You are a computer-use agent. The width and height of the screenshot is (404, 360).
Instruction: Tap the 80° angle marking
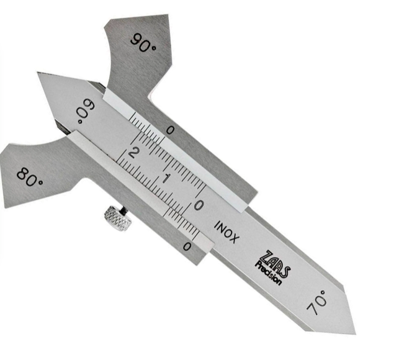point(30,177)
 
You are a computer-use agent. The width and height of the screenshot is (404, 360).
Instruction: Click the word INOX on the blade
point(227,232)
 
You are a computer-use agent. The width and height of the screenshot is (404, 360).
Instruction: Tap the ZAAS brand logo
point(275,264)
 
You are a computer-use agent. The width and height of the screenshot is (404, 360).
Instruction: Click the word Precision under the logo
point(268,273)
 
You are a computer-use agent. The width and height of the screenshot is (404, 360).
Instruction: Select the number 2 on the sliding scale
point(133,153)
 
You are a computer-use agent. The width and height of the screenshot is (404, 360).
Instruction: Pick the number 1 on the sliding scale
point(166,178)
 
